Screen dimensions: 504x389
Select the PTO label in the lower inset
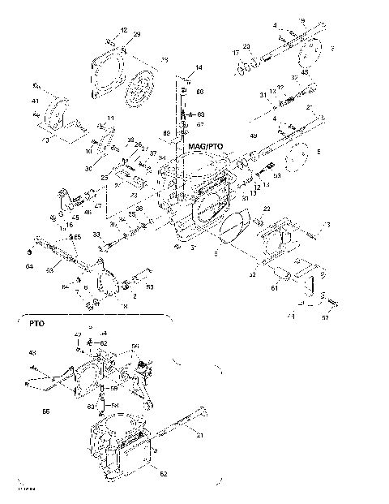click(36, 322)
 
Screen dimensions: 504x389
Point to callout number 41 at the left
click(35, 101)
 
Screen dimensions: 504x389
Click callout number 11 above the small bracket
click(110, 118)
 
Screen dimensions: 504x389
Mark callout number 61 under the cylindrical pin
click(273, 287)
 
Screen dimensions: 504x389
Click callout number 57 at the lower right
click(325, 319)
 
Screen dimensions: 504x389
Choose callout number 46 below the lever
click(88, 212)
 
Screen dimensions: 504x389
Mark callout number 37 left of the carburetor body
click(152, 153)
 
